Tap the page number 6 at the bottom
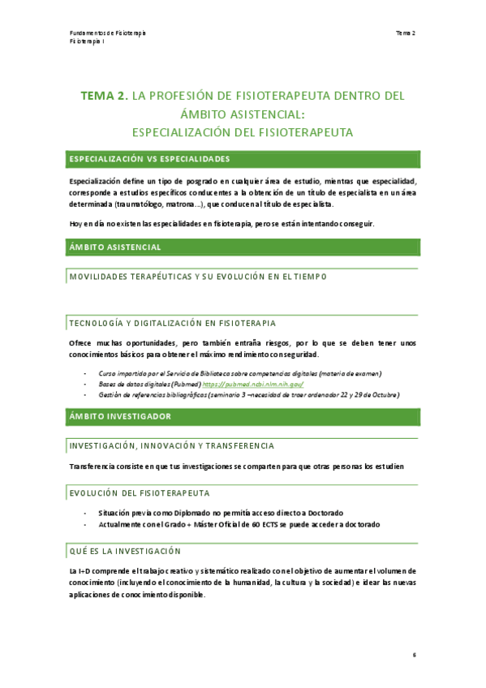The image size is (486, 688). coord(414,656)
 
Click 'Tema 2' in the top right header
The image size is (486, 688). coord(405,32)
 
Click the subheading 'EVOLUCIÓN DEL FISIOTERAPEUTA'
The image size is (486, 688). coord(140,492)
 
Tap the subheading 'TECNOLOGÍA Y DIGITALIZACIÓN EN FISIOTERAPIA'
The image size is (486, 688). coord(173,323)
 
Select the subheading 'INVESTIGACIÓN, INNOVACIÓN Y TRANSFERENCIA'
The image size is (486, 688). coord(171,446)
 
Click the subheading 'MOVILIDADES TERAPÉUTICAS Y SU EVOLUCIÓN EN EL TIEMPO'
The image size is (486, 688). coord(198,277)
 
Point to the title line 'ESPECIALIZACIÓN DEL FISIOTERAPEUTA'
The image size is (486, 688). coord(242,131)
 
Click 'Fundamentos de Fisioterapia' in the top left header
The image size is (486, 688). coord(108,32)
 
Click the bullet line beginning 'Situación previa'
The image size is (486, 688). coord(220,513)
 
